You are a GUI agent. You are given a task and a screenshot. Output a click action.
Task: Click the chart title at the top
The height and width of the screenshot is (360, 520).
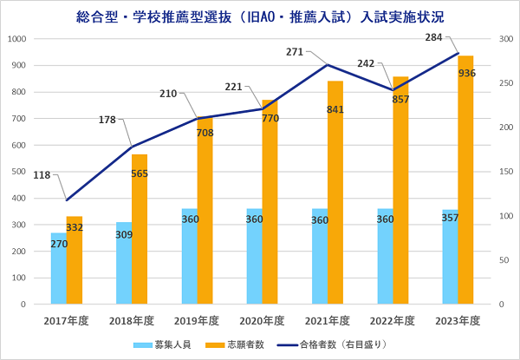tap(260, 16)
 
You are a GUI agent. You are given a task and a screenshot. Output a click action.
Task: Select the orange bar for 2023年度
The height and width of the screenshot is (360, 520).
tap(465, 191)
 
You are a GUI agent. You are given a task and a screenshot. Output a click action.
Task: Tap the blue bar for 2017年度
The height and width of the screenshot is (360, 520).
tap(58, 269)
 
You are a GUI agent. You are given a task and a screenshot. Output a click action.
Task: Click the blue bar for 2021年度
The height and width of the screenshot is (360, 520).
tap(319, 257)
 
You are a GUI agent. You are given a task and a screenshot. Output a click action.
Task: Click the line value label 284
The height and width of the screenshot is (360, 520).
tap(436, 38)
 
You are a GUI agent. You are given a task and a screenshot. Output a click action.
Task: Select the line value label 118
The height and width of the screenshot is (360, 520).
tap(42, 174)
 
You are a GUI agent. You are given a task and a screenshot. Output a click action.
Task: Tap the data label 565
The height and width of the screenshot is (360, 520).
tap(140, 173)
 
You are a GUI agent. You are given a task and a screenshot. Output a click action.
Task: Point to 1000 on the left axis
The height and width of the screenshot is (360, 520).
tap(17, 39)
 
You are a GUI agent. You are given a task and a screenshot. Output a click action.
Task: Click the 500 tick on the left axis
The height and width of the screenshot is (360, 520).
tap(20, 172)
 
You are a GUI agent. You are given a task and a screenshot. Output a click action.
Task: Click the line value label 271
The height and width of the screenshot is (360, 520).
tap(296, 52)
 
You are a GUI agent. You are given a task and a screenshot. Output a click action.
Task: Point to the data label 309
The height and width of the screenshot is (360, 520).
tap(124, 234)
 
